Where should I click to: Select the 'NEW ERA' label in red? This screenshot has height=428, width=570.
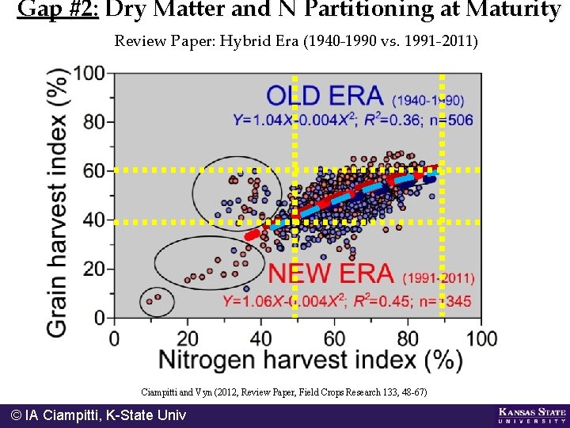[331, 274]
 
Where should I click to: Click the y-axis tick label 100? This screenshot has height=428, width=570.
[89, 74]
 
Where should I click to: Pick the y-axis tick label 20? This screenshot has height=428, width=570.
[94, 269]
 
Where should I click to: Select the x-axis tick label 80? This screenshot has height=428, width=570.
[408, 338]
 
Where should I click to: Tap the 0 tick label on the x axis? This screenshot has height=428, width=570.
[114, 338]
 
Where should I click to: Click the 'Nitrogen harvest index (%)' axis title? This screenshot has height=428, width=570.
[310, 360]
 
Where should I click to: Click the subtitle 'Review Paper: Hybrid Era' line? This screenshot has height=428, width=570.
[296, 40]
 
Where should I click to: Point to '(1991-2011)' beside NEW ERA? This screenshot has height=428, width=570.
[439, 278]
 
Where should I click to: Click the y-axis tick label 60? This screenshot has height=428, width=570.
[94, 171]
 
